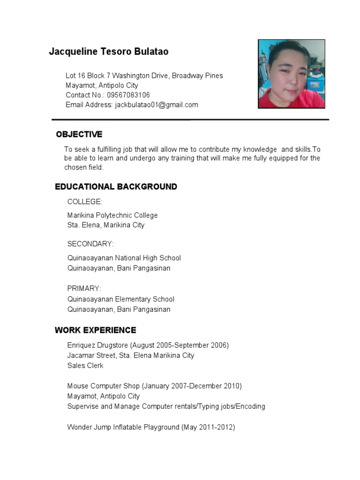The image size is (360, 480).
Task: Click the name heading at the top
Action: point(109,52)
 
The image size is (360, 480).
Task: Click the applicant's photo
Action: point(292,74)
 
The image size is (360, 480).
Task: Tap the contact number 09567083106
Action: point(128,95)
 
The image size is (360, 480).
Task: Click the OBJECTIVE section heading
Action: point(79,135)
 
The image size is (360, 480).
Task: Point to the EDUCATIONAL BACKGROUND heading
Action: point(116,187)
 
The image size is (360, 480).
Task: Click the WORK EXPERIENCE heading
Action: point(95,330)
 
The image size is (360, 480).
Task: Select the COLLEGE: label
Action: point(84,202)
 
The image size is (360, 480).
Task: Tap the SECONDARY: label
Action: point(90,244)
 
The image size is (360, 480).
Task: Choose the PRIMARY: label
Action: point(84,288)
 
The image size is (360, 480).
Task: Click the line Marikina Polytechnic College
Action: point(112,215)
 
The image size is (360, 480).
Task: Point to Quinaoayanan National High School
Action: point(124,258)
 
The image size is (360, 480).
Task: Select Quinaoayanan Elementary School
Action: point(120,299)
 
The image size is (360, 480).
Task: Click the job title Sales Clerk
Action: point(85,366)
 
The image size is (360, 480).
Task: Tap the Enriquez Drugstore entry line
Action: point(148,345)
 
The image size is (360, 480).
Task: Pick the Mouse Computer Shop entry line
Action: point(154,386)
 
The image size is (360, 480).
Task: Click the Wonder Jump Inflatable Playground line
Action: point(151,427)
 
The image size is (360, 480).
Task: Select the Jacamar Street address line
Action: point(130,355)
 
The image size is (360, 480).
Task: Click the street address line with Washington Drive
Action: point(144,75)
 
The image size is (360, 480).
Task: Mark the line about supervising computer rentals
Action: point(166,406)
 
